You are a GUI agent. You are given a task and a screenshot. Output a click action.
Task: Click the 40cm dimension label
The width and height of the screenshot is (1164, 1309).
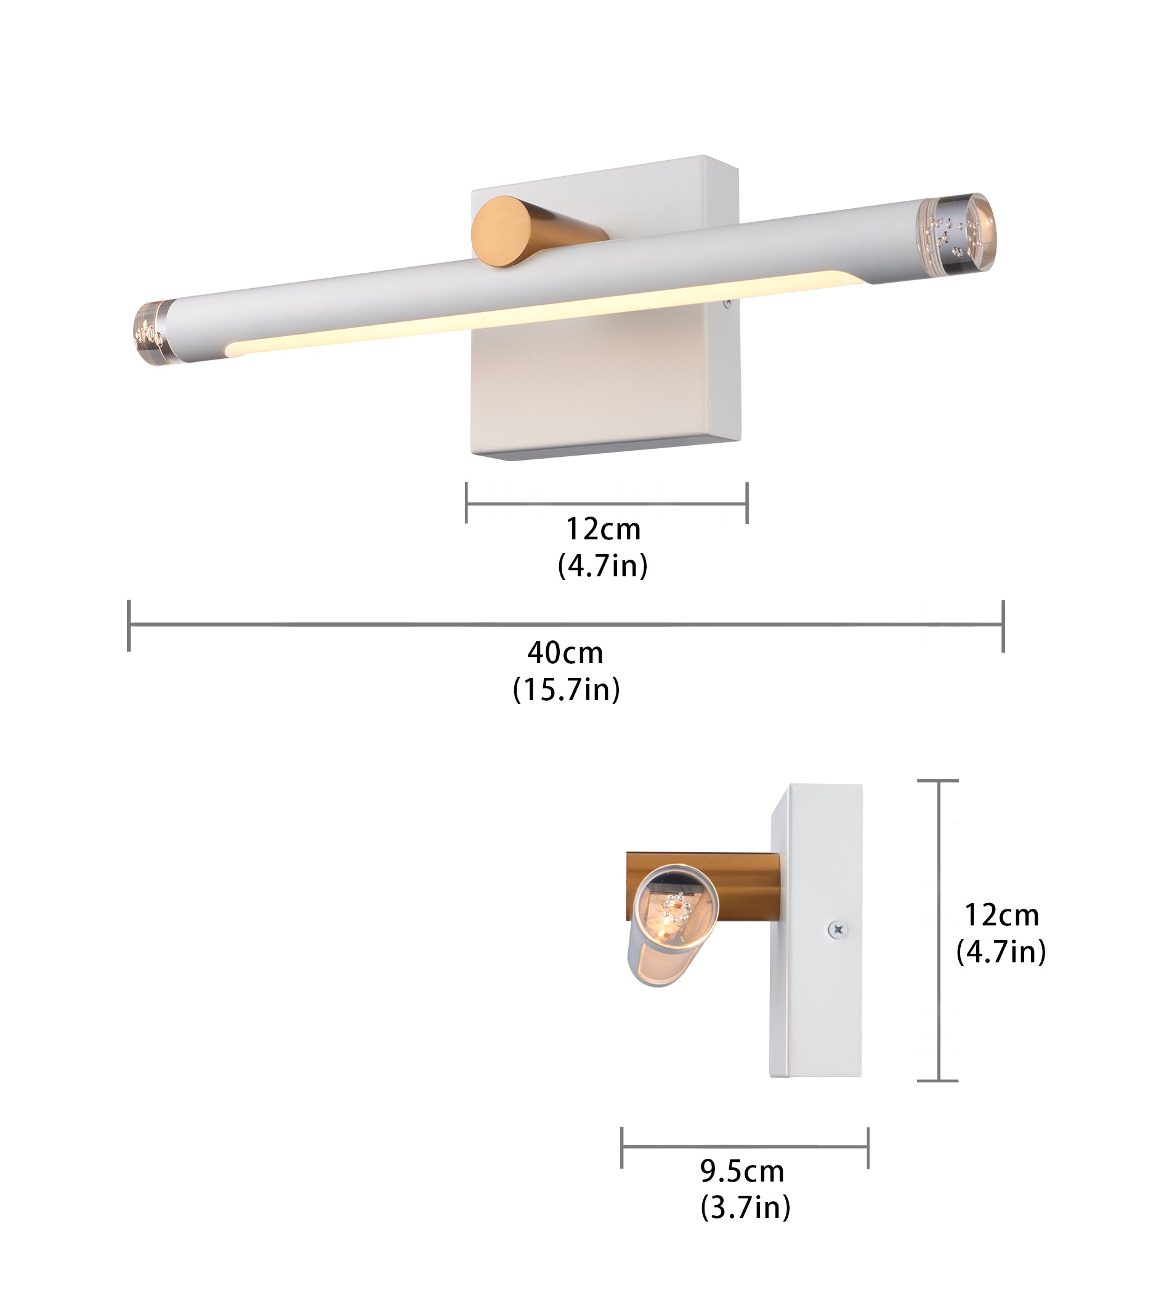tap(565, 653)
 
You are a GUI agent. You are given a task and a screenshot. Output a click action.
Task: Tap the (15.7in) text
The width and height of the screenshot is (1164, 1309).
tap(567, 690)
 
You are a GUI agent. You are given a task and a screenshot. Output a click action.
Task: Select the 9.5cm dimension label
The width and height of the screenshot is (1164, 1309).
tap(742, 1171)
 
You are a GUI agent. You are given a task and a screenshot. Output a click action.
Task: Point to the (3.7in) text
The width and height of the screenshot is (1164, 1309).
tap(745, 1208)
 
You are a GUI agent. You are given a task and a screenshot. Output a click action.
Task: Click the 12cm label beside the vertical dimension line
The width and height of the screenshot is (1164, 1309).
tap(1001, 915)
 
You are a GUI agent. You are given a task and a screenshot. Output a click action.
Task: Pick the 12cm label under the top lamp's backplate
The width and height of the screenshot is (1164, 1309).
tap(603, 529)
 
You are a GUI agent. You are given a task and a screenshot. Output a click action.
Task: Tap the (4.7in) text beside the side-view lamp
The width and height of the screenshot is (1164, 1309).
tap(1001, 952)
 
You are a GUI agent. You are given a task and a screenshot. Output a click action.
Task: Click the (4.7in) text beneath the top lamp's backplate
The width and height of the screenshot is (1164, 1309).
tap(603, 565)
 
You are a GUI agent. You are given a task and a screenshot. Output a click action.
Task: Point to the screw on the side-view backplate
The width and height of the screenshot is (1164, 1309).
tap(838, 928)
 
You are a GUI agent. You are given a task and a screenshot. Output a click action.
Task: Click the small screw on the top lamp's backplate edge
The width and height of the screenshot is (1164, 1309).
tap(727, 305)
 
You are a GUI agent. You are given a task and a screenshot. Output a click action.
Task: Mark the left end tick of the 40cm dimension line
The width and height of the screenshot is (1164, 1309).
tap(129, 625)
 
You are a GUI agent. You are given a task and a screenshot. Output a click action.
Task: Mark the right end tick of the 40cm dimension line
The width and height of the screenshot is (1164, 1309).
tap(1003, 626)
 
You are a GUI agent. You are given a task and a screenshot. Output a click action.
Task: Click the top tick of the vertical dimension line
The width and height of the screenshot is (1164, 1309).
tap(938, 781)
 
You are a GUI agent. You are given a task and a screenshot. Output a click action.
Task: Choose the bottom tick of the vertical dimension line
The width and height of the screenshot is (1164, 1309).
tap(938, 1081)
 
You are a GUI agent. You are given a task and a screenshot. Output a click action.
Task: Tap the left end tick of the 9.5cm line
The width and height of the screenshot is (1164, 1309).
tap(622, 1148)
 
